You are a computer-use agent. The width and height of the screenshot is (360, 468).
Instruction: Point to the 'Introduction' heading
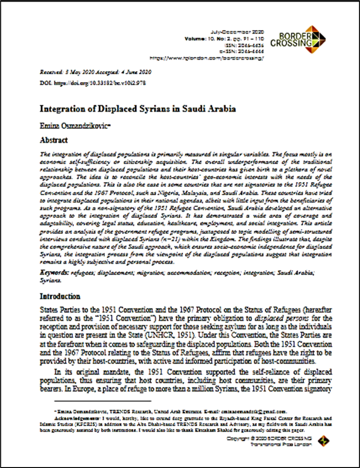[60, 297]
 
